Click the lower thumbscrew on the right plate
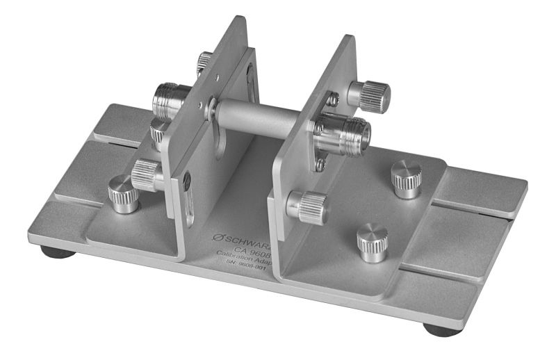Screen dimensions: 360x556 pyautogui.click(x=308, y=206)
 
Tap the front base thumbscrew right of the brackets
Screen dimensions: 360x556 pyautogui.click(x=373, y=241)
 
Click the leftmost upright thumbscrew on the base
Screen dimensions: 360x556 pyautogui.click(x=123, y=194)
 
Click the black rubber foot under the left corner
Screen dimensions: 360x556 pyautogui.click(x=58, y=252)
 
